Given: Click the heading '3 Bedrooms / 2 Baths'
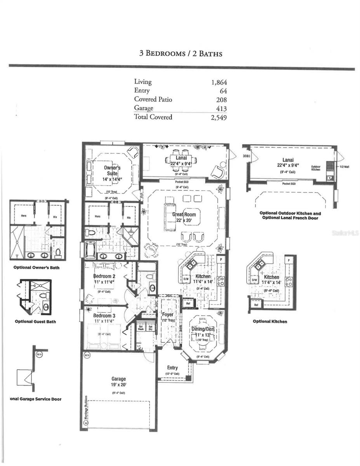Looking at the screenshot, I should (181, 54).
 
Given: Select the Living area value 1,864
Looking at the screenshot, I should (219, 82).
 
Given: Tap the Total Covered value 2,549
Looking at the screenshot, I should (219, 117).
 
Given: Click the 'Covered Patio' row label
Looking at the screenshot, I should (153, 99).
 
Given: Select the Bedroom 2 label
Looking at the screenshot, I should (104, 276).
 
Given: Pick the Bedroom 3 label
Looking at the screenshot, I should (104, 316).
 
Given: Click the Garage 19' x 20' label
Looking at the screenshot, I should (118, 382).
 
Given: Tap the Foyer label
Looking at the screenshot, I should (168, 315).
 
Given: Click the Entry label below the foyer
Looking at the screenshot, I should (172, 368).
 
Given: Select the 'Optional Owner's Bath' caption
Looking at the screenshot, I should (37, 268).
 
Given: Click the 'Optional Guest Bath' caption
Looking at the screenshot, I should (35, 322).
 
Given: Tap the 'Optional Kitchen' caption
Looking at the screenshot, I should (270, 322).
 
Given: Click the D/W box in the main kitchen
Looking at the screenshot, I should (186, 279).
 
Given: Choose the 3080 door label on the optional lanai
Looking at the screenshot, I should (246, 156).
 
